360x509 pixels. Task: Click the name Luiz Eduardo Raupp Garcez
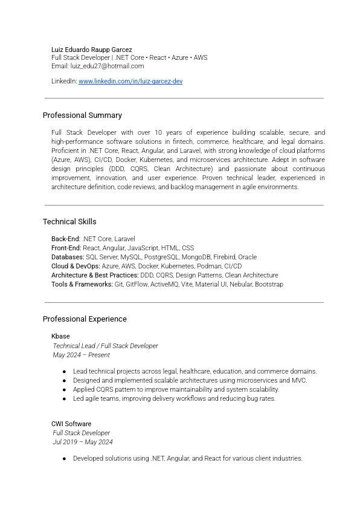[91, 50]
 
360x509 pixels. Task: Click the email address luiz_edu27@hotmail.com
[107, 66]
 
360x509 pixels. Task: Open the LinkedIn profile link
[130, 81]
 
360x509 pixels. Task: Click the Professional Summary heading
[82, 115]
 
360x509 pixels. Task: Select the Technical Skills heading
[69, 221]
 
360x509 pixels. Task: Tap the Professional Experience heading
[85, 319]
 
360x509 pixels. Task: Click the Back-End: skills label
[66, 239]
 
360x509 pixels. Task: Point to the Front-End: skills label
[66, 248]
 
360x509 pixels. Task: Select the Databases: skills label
[68, 257]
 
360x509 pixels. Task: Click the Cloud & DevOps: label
[76, 266]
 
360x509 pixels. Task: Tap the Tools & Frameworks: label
[82, 284]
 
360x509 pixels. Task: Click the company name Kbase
[60, 336]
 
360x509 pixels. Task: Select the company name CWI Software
[71, 424]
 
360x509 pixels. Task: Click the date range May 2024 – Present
[82, 355]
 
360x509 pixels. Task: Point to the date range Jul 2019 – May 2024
[83, 442]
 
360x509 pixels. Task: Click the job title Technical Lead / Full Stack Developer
[106, 346]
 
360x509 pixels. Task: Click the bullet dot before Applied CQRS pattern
[64, 390]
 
